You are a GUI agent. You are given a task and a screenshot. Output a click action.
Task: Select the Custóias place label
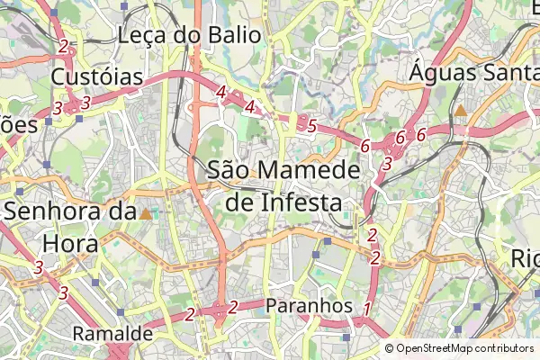(x=97, y=77)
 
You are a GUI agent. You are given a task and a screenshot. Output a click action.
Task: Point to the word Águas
(x=442, y=72)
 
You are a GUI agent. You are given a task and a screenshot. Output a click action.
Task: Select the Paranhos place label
(x=310, y=306)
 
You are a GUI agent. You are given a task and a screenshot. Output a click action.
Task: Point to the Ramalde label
(x=112, y=335)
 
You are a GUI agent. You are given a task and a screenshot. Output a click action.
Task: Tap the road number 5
(x=311, y=126)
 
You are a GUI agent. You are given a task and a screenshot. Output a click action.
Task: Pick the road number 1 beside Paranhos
(x=366, y=310)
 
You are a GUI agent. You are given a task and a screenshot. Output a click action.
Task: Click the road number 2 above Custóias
(x=62, y=47)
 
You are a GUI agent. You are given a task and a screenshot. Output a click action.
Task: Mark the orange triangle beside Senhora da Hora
(x=146, y=214)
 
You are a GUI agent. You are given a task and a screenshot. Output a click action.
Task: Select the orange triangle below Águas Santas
(x=460, y=111)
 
